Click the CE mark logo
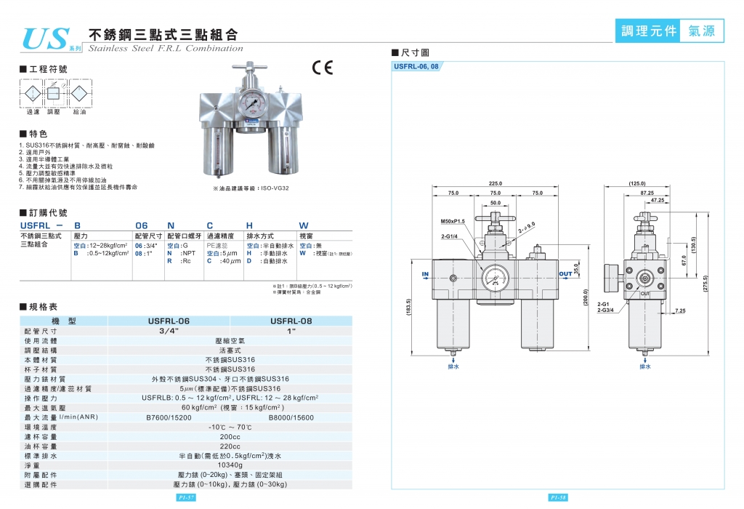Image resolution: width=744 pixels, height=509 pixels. click(x=322, y=68)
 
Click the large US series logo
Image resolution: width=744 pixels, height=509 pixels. click(x=46, y=38)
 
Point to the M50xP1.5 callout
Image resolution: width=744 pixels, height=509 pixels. click(x=453, y=221)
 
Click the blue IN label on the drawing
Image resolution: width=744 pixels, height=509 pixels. click(x=426, y=274)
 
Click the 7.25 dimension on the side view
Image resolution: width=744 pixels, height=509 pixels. click(x=679, y=311)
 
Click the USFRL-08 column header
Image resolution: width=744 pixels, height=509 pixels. click(x=291, y=321)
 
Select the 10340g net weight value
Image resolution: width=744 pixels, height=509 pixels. click(x=230, y=465)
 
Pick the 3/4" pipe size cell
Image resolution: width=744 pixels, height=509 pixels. click(x=169, y=330)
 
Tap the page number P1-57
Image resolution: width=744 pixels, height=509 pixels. click(x=187, y=498)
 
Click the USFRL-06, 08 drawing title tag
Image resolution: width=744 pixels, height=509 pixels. click(x=416, y=66)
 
